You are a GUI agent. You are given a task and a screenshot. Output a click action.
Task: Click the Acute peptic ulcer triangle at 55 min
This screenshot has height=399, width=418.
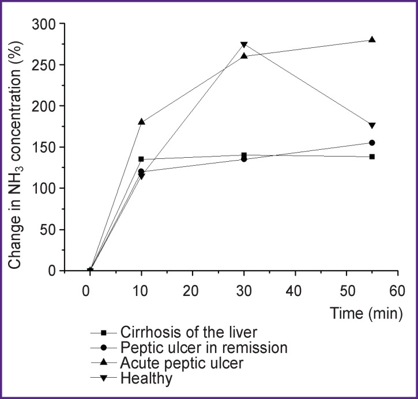372,40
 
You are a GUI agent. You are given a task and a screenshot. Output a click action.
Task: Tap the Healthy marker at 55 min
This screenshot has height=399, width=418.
372,126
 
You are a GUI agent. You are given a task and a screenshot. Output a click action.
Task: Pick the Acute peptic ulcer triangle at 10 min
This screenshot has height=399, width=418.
141,122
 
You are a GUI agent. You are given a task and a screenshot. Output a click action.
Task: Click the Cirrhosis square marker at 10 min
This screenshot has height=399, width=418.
141,159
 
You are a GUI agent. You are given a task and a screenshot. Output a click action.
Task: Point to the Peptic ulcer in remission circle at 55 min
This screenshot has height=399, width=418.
372,143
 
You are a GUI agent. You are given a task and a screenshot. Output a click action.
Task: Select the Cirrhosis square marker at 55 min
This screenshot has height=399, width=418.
372,157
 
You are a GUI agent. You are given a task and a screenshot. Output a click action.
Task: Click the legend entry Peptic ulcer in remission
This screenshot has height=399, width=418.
205,347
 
